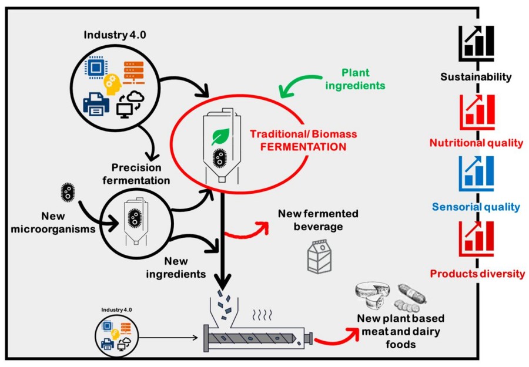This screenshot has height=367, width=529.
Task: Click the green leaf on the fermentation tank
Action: pyautogui.click(x=220, y=137)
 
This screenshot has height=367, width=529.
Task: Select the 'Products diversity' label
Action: pyautogui.click(x=477, y=274)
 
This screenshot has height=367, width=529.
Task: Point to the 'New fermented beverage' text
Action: pyautogui.click(x=318, y=220)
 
